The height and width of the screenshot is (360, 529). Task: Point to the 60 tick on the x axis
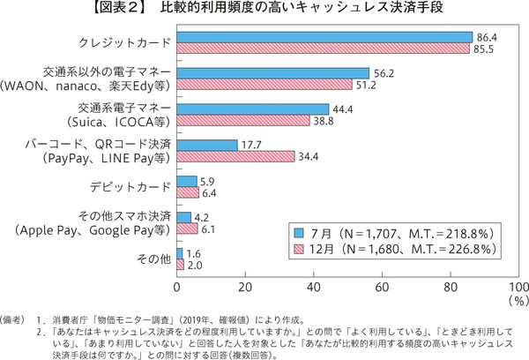coord(382,287)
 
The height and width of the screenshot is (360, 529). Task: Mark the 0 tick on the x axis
coord(178,287)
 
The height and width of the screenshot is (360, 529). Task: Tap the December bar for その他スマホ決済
coord(188,229)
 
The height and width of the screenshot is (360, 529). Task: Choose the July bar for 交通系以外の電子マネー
coord(273,73)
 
